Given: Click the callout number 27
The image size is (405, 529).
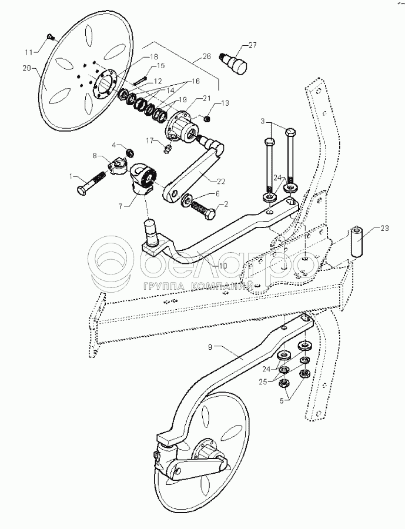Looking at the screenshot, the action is coord(252,45).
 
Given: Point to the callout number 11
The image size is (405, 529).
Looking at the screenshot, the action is coord(29,52).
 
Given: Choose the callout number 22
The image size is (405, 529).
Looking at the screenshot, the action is coord(221,182).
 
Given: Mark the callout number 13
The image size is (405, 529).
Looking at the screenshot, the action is coord(225,103).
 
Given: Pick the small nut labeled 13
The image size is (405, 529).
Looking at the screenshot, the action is coord(207,119).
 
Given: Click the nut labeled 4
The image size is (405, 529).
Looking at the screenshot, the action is coord(130,153).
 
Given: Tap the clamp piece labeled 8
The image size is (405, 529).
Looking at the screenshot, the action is coord(117,165).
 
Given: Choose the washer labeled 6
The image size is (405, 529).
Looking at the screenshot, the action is coord(186,201).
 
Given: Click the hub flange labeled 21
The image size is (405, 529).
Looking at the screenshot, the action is coord(183,126).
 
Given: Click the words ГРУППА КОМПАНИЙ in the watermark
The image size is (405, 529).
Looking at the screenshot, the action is coord(199,286).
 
